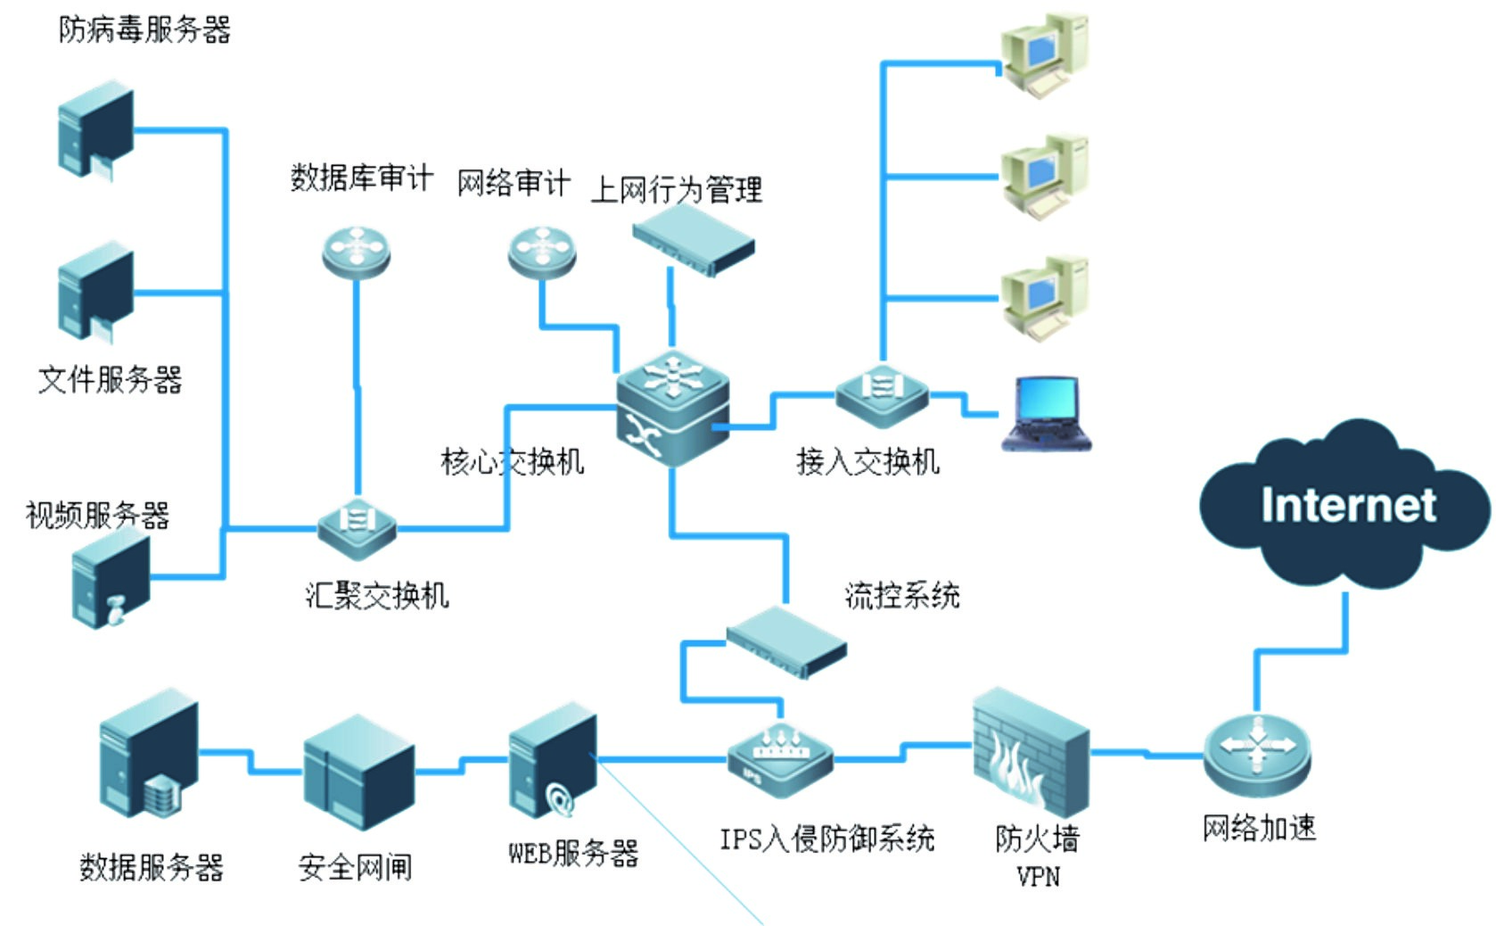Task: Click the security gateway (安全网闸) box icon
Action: (x=358, y=773)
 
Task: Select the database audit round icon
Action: (x=356, y=252)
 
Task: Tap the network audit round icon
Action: (x=541, y=252)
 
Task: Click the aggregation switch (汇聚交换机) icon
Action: (x=358, y=526)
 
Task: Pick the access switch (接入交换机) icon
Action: (x=881, y=392)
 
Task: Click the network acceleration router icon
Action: (x=1257, y=755)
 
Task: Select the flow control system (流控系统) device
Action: (x=785, y=641)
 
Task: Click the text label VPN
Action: (x=1039, y=877)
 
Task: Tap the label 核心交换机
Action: (x=513, y=461)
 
